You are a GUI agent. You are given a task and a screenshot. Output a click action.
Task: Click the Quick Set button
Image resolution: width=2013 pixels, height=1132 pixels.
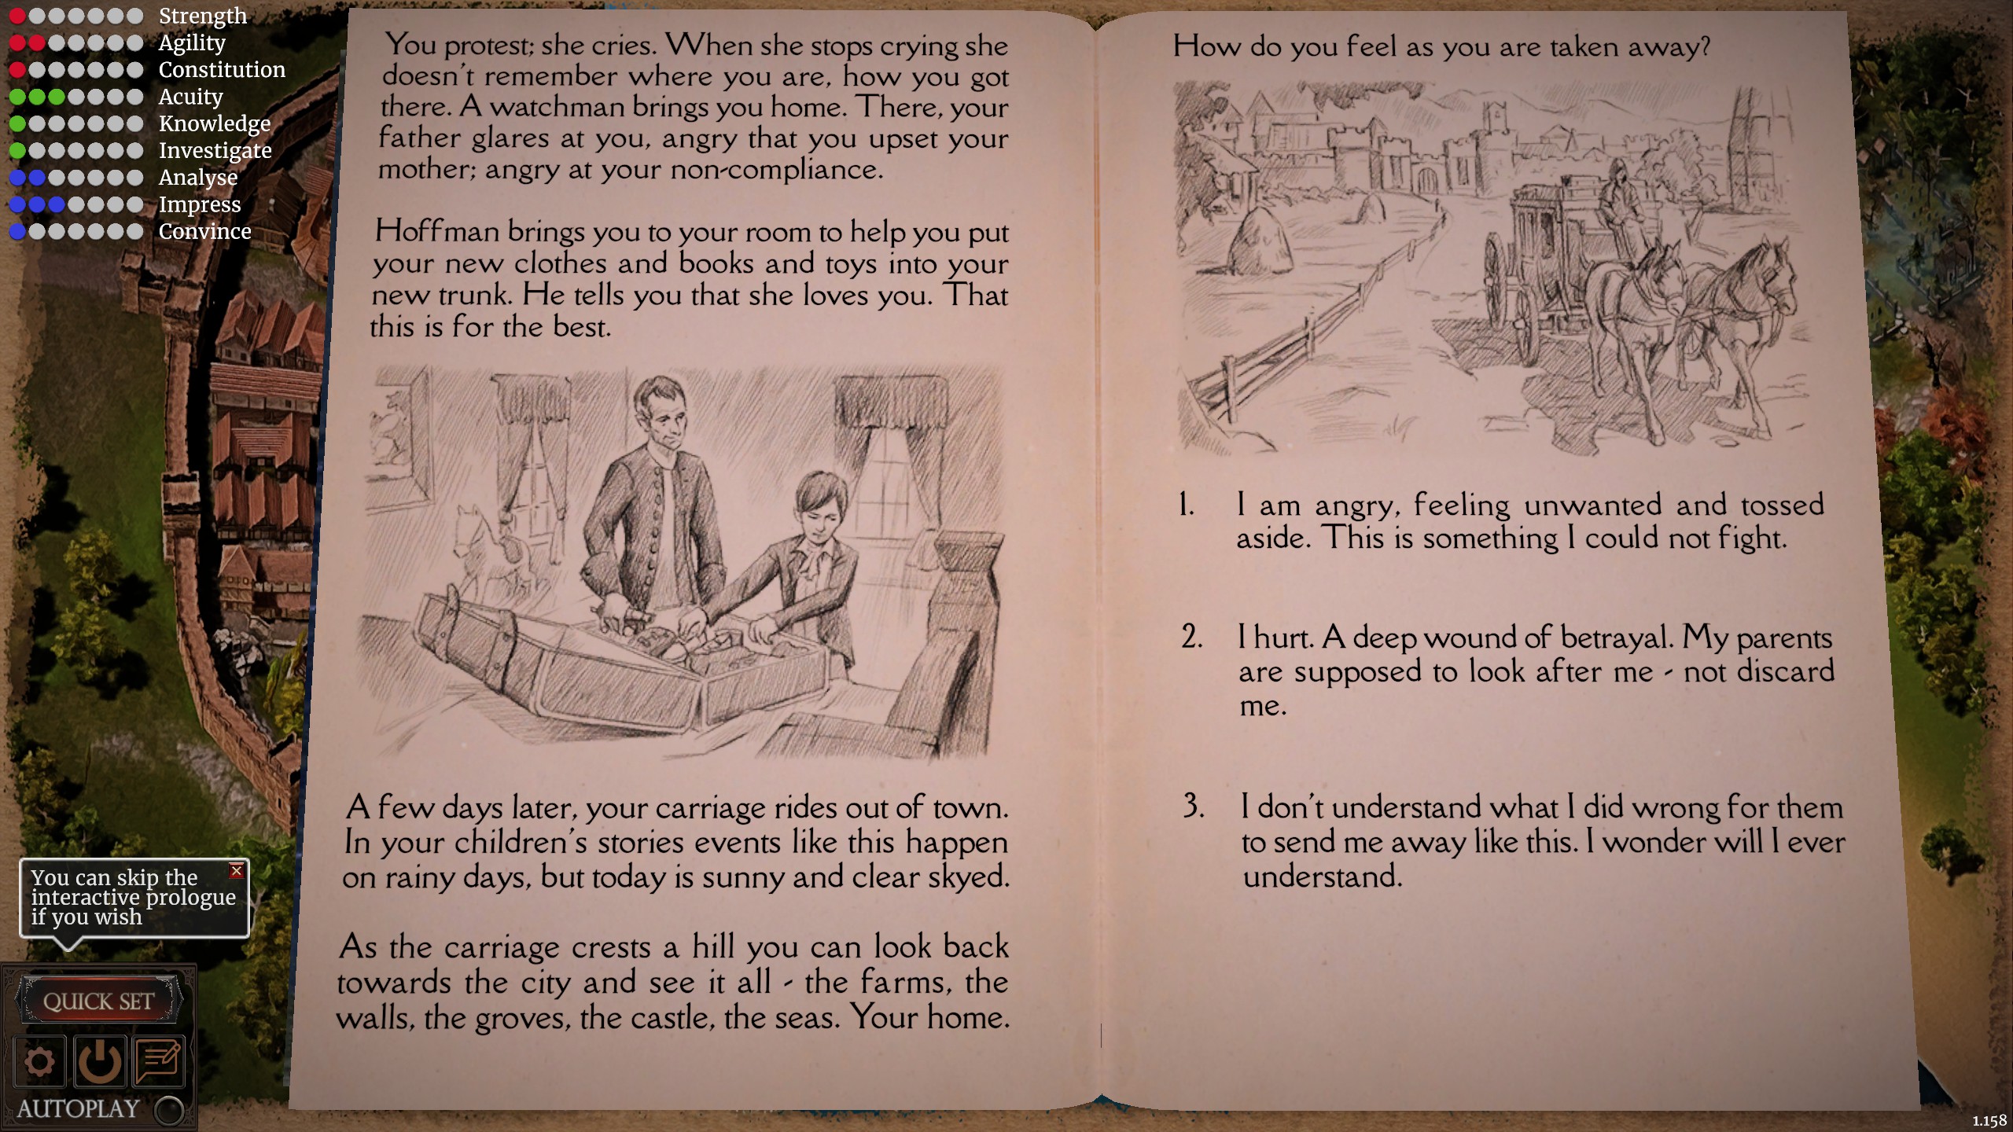coord(98,1001)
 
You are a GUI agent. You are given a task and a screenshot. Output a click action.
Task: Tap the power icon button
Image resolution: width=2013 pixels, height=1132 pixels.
coord(98,1062)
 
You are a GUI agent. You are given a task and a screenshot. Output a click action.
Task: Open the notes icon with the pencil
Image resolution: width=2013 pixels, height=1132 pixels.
coord(159,1062)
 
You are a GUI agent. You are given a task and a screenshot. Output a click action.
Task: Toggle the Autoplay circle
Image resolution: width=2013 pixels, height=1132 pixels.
coord(169,1110)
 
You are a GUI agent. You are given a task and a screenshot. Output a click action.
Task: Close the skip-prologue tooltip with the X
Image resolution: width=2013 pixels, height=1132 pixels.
coord(236,870)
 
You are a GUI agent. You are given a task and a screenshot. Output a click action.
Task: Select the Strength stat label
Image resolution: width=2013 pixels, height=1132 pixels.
coord(203,15)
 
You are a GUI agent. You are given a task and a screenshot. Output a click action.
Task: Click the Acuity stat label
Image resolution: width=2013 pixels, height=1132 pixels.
coord(191,96)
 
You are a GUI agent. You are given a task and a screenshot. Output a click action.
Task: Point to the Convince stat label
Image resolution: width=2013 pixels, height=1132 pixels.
coord(205,231)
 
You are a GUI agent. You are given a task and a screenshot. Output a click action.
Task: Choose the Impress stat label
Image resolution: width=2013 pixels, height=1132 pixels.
coord(200,204)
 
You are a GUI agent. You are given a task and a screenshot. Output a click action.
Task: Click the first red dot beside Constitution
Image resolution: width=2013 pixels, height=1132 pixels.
coord(17,70)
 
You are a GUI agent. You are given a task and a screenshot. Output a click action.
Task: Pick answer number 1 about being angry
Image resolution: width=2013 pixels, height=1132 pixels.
coord(1529,521)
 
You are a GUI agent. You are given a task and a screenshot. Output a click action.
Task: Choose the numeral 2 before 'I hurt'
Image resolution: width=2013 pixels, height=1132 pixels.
coord(1191,637)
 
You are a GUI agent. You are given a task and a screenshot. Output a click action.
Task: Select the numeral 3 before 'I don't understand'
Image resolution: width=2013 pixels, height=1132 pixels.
coord(1194,806)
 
